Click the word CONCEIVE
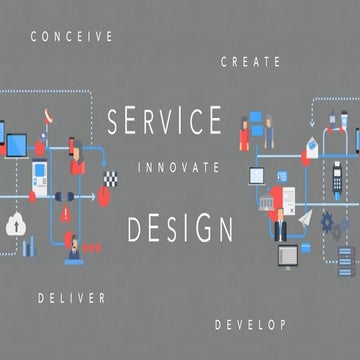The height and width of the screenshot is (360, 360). click(71, 36)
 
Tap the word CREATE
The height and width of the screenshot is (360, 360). click(250, 62)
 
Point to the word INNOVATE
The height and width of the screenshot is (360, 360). click(177, 166)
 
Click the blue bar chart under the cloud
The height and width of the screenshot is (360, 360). click(28, 244)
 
